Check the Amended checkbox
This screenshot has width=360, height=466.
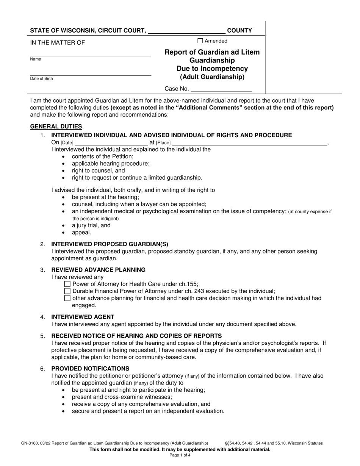pos(200,41)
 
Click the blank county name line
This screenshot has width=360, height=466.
pos(186,31)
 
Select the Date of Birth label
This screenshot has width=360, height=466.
pos(42,79)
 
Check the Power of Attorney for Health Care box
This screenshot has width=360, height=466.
pos(67,284)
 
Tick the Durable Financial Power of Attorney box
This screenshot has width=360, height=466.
pos(67,291)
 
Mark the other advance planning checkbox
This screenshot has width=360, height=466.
pos(67,298)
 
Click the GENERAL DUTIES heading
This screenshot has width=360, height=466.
pos(56,127)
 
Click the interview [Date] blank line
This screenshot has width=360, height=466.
pos(111,143)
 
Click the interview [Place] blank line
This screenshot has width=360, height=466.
pos(249,143)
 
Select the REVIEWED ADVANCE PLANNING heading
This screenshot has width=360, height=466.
pos(98,270)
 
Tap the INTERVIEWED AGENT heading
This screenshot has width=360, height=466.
pos(83,317)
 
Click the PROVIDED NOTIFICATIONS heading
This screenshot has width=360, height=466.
pos(90,369)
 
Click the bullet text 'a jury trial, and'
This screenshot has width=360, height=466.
pos(91,225)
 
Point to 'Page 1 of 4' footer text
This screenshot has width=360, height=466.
pos(180,456)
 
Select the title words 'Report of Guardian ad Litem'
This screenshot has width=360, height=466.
pos(212,52)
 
